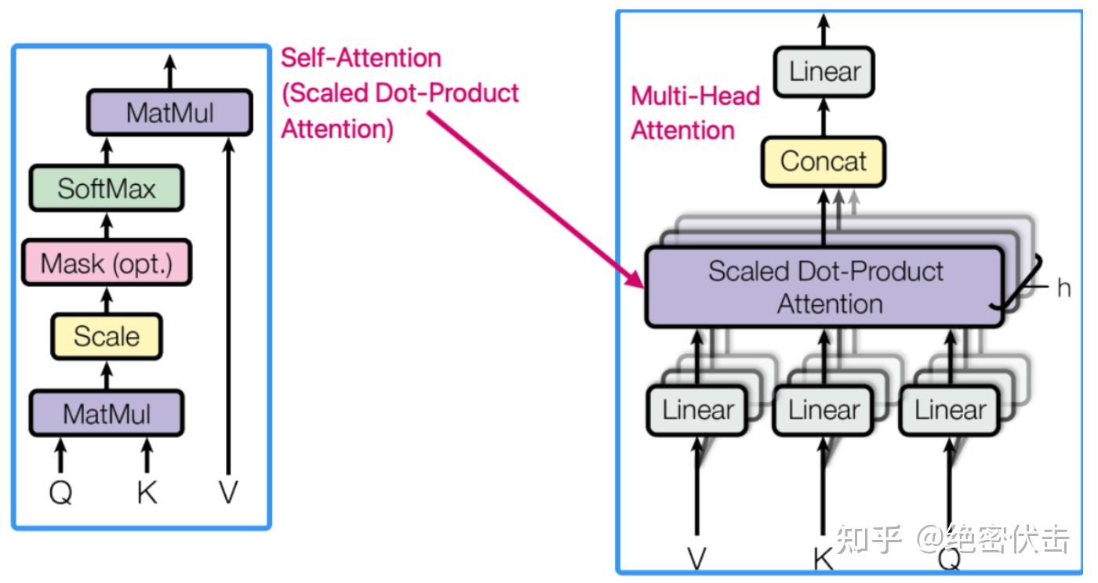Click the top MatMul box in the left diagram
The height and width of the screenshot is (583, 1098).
coord(169,113)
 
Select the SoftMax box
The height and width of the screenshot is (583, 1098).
coord(107,188)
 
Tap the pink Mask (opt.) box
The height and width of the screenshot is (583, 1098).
coord(107,263)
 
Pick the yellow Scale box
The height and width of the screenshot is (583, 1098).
coord(107,336)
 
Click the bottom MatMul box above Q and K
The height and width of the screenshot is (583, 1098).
coord(107,413)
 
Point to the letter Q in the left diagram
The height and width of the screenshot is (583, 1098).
coord(60,493)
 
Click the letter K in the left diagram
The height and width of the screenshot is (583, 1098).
coord(147,493)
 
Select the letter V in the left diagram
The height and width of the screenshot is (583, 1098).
coord(228,493)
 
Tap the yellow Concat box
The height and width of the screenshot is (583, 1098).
coord(823,161)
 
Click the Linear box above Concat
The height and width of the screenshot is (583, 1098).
coord(823,72)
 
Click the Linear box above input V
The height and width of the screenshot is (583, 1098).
coord(697,410)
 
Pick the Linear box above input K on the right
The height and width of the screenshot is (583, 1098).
coord(823,410)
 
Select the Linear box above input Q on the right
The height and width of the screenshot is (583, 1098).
coord(950,410)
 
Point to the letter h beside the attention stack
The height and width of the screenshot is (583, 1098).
coord(1063,288)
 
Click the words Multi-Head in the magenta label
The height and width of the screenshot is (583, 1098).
coord(696,96)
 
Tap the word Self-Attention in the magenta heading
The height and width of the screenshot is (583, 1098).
coord(361,57)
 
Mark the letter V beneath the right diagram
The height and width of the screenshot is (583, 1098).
coord(696,558)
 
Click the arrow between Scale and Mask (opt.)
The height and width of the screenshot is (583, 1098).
coord(107,299)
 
